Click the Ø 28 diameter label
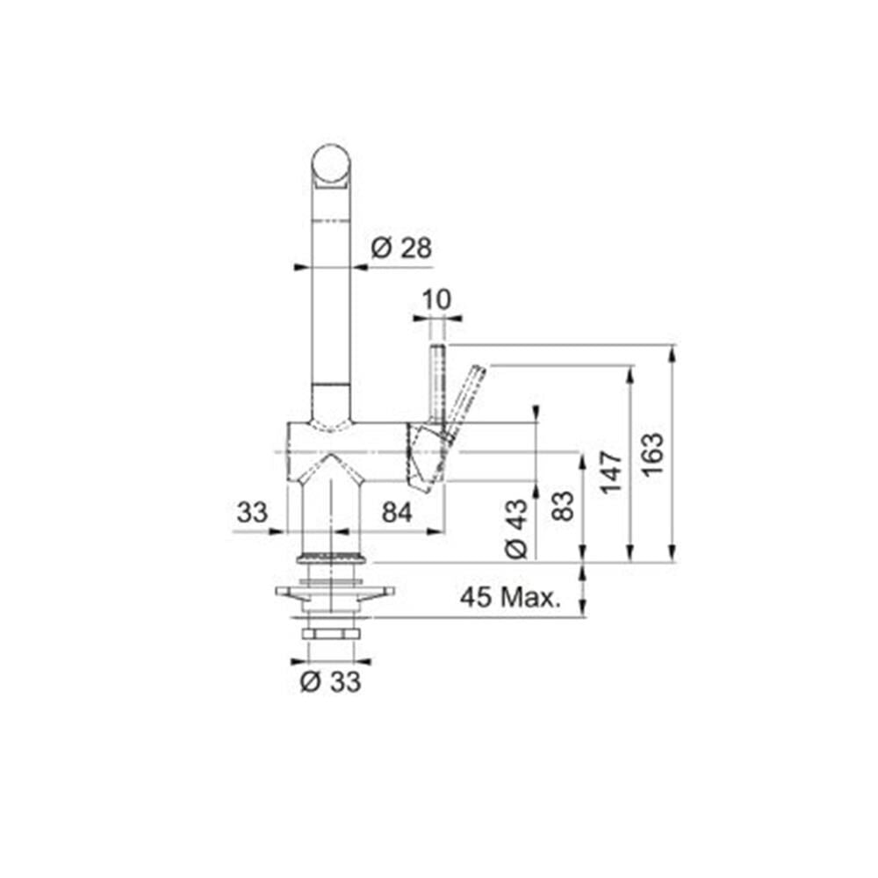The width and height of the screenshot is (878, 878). (401, 248)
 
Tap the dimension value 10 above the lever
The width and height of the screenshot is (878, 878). (436, 299)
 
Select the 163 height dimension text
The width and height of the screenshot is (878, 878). (652, 455)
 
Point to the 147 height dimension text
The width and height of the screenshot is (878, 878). (611, 472)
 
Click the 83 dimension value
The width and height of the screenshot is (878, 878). (564, 506)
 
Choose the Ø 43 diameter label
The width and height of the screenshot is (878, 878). (516, 529)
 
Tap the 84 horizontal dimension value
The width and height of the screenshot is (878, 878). (397, 512)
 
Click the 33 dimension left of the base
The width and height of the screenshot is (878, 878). (252, 512)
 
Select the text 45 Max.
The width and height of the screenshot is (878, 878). (510, 597)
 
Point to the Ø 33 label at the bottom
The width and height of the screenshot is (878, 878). (330, 681)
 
